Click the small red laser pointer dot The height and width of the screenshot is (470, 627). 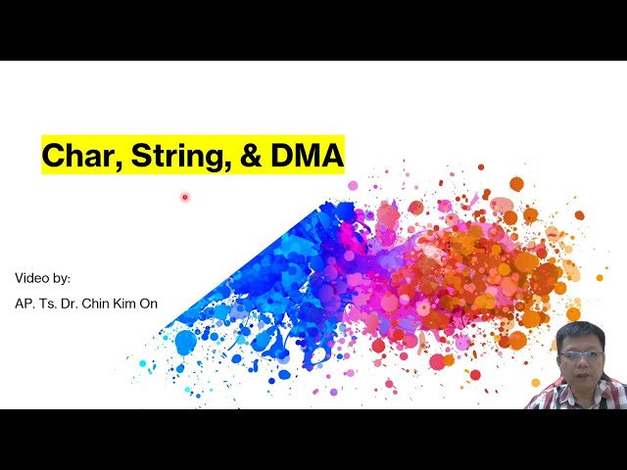(184, 197)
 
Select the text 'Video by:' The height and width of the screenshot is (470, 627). (42, 278)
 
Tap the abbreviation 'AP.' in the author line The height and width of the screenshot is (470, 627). (24, 304)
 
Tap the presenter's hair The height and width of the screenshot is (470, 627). (581, 332)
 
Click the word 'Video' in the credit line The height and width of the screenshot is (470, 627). (31, 278)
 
